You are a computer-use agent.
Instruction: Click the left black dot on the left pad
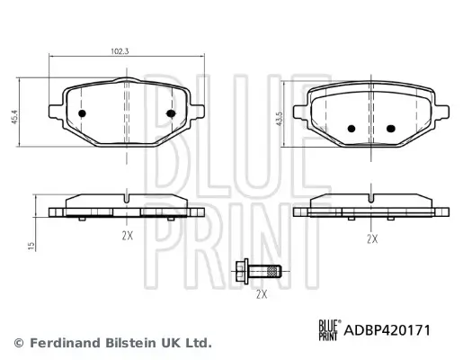click(84, 114)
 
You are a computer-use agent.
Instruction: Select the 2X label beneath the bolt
click(263, 293)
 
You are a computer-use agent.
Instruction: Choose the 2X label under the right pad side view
click(372, 238)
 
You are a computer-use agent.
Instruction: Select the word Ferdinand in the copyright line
click(58, 343)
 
